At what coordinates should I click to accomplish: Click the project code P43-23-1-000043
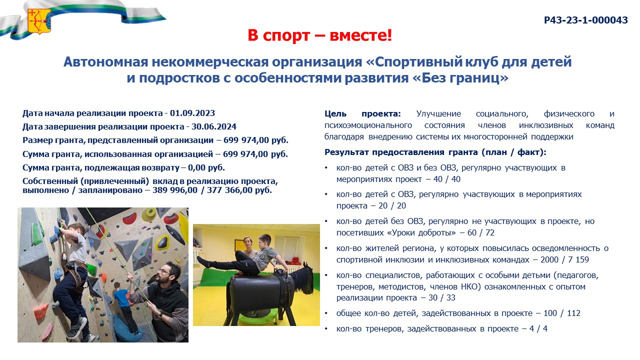tap(585, 20)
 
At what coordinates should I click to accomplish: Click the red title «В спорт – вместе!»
tap(319, 35)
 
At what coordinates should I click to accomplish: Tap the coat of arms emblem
tap(39, 21)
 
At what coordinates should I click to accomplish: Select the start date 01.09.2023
tap(192, 113)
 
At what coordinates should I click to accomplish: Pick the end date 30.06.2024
tap(213, 126)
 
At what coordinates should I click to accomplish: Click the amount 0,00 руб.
tap(206, 167)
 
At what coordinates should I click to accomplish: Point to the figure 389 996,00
tap(175, 190)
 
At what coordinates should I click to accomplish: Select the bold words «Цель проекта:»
tap(363, 114)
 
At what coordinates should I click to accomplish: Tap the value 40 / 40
tap(447, 179)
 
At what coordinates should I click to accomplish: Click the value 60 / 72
tap(481, 233)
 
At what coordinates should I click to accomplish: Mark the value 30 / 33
tap(441, 297)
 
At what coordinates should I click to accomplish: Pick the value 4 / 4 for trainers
tap(538, 328)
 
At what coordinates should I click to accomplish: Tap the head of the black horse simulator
tap(304, 278)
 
